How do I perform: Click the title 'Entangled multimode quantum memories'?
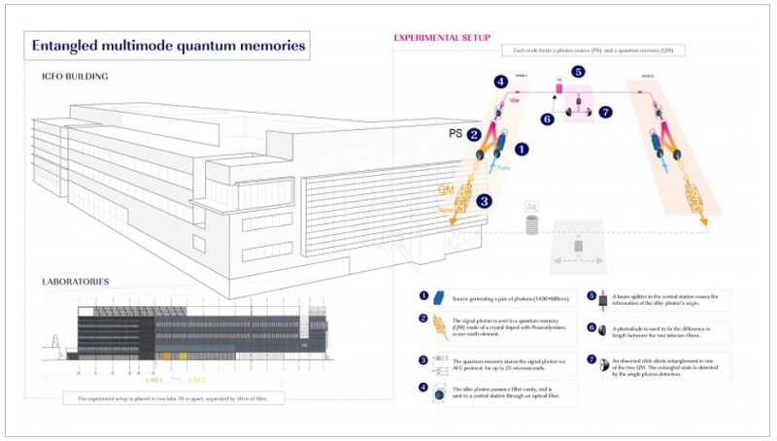click(x=169, y=45)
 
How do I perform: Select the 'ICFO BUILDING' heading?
click(x=74, y=77)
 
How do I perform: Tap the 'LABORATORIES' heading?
click(x=75, y=282)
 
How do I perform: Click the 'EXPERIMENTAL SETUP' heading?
click(x=441, y=38)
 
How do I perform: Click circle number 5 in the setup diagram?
click(x=577, y=71)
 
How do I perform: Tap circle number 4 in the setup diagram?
click(x=500, y=82)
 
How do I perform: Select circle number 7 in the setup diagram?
click(x=606, y=113)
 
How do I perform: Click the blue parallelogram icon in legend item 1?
click(x=438, y=297)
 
